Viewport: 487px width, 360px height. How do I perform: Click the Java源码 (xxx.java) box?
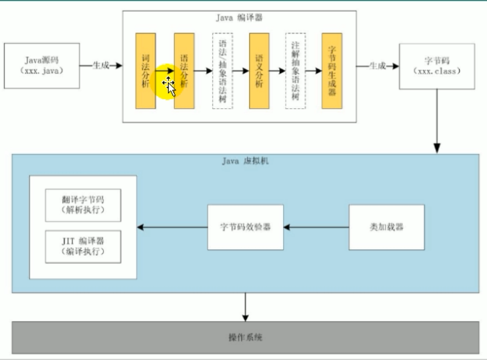(x=41, y=65)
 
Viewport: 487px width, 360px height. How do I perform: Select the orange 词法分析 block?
(x=145, y=70)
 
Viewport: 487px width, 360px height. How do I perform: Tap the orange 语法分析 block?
(x=184, y=70)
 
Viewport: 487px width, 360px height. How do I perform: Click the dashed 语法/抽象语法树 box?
(x=222, y=70)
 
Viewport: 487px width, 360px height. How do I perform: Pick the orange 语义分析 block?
(x=259, y=70)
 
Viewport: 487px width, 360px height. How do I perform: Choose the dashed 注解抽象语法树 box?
(x=296, y=70)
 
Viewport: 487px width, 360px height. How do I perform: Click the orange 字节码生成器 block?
(x=332, y=70)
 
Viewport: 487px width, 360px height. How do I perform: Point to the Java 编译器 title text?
(x=239, y=18)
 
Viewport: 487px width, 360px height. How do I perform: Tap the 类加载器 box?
(x=381, y=227)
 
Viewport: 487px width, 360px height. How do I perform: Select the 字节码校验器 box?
(x=245, y=227)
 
